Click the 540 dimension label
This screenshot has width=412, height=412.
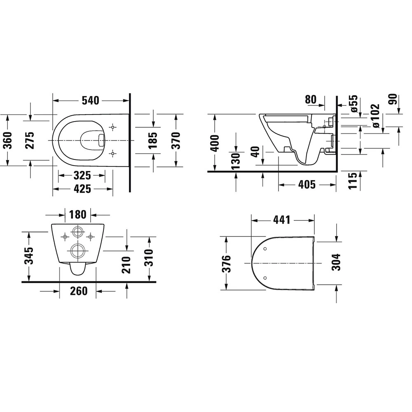pyautogui.click(x=90, y=100)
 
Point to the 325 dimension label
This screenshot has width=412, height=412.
pyautogui.click(x=82, y=176)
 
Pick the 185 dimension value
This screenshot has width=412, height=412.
pyautogui.click(x=153, y=140)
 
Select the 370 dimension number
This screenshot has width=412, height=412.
pyautogui.click(x=176, y=140)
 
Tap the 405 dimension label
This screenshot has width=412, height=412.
pyautogui.click(x=307, y=185)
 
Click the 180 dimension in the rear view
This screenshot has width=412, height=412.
pyautogui.click(x=78, y=215)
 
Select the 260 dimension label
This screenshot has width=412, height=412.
pyautogui.click(x=78, y=291)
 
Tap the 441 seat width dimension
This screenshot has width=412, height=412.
pyautogui.click(x=281, y=220)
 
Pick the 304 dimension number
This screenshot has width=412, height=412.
pyautogui.click(x=337, y=262)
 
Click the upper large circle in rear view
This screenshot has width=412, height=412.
pyautogui.click(x=77, y=232)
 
